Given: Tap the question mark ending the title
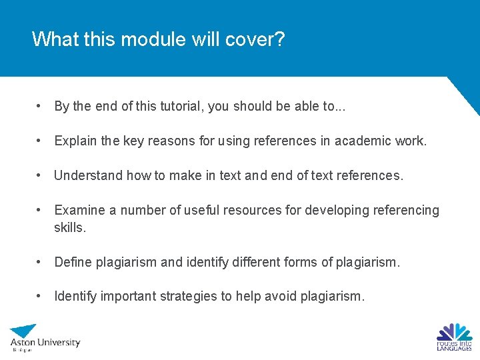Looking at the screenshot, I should point(279,39).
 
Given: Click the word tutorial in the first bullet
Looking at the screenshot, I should point(181,106).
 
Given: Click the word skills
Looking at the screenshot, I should point(69,227).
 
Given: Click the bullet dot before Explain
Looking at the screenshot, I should point(41,141).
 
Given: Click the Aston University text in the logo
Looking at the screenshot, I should point(45,342).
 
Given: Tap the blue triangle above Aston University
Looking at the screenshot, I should point(25,330).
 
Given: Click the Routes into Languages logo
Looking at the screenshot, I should point(454,337).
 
